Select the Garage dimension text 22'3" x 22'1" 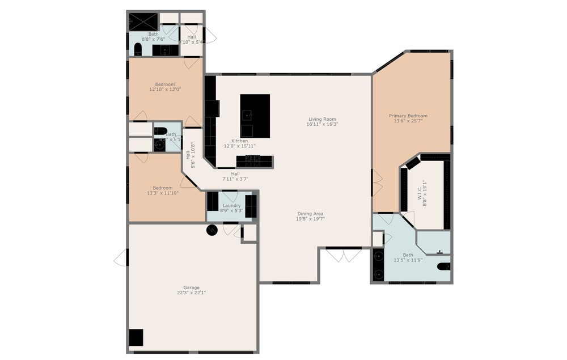click(191, 293)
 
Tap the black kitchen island click(255, 116)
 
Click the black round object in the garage click(211, 230)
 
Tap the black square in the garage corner click(136, 337)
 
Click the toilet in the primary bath click(444, 266)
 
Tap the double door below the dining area click(344, 255)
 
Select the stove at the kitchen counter click(254, 161)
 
